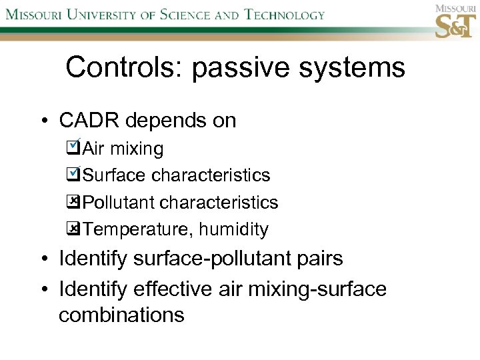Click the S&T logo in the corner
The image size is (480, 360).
[x=456, y=22]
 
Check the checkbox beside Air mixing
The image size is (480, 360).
[x=73, y=148]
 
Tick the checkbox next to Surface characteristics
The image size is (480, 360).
[x=73, y=175]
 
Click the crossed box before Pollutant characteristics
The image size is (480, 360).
[x=73, y=202]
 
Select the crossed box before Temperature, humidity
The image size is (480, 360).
[x=73, y=229]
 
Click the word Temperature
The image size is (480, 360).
[x=137, y=230]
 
